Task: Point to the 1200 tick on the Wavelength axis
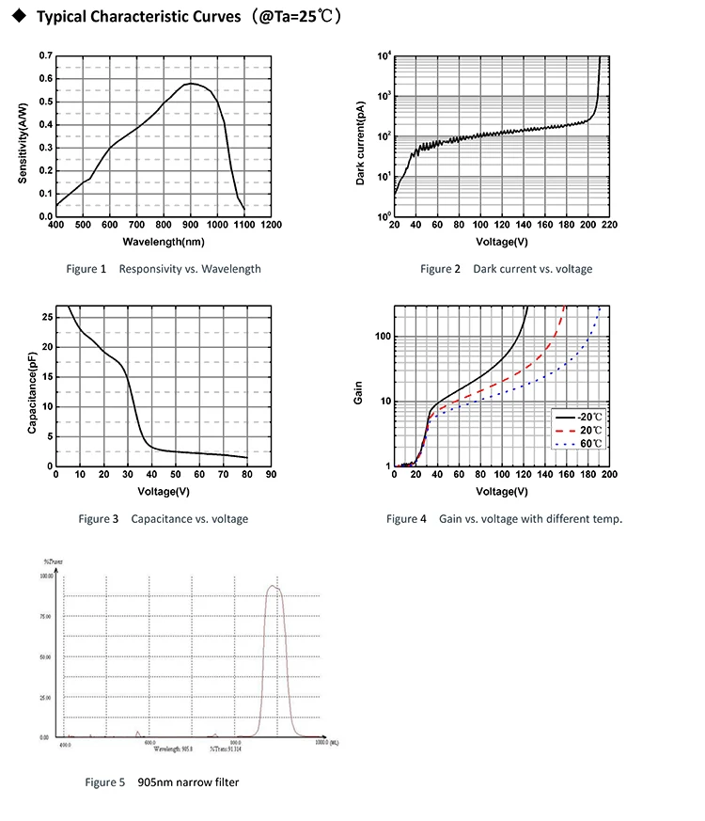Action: click(x=272, y=226)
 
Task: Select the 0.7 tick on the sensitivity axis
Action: click(x=46, y=56)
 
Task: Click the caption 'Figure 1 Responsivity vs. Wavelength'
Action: click(x=164, y=269)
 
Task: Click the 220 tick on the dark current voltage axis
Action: click(x=609, y=226)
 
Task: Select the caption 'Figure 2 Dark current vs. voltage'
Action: click(x=507, y=269)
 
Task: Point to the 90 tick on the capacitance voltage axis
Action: click(x=272, y=475)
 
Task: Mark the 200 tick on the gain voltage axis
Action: click(x=609, y=475)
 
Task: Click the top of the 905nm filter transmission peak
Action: click(x=274, y=586)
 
